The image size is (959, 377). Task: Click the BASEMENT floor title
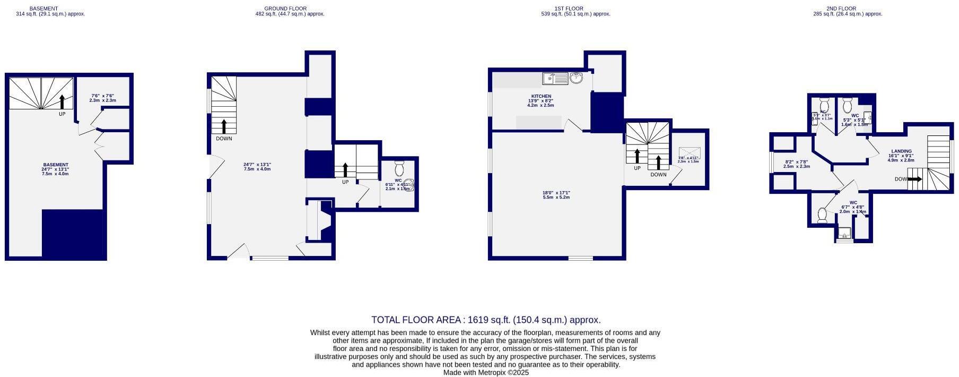pos(43,8)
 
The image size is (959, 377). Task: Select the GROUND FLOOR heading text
pos(285,8)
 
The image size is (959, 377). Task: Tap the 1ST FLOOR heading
pos(569,8)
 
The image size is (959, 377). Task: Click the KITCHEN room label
pos(541,96)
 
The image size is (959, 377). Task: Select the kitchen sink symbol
pos(555,79)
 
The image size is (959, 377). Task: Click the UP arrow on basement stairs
pos(62,101)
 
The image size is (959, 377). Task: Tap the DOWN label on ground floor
pos(224,139)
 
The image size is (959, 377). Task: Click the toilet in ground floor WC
pos(399,169)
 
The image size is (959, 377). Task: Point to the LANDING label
pos(901,151)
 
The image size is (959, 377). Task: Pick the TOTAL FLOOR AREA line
pos(486,320)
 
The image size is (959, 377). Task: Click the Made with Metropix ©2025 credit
pos(486,373)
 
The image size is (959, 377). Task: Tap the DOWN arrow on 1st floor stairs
pos(658,162)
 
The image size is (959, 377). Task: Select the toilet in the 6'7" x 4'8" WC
pos(822,215)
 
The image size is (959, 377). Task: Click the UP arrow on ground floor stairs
pos(345,170)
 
